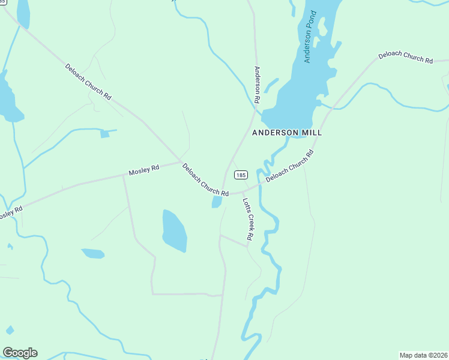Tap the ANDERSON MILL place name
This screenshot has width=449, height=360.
(286, 133)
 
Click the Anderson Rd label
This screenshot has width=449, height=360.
(257, 84)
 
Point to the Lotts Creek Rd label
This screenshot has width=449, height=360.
(247, 220)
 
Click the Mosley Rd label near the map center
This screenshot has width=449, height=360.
(144, 170)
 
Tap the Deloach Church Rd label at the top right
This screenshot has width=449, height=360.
(405, 58)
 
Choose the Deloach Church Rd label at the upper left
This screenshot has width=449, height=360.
(88, 82)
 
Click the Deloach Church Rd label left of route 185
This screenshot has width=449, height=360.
(205, 181)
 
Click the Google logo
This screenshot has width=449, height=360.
(20, 353)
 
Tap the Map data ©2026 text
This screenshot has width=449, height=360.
(423, 355)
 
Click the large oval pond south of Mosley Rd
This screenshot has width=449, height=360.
(175, 231)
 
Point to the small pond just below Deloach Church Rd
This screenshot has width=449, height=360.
(216, 202)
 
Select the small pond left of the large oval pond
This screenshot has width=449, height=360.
(93, 254)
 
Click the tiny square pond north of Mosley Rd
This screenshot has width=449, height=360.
(105, 134)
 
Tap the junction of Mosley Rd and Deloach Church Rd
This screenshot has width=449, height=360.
(180, 161)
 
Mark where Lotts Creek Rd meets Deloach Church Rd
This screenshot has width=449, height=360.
(243, 193)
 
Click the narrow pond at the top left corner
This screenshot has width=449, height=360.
(23, 13)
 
